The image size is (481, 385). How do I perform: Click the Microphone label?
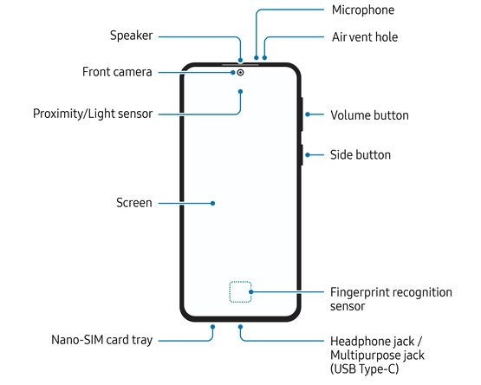point(363,10)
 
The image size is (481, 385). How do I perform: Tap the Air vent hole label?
point(365,37)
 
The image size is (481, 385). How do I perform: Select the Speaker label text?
point(131,36)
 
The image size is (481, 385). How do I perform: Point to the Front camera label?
point(117,72)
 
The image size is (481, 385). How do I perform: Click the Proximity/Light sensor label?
point(93,114)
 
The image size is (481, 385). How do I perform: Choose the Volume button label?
point(370,115)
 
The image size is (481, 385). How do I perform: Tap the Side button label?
point(361,155)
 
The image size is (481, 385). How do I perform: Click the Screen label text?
point(134,203)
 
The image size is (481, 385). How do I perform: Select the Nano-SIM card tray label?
point(102,340)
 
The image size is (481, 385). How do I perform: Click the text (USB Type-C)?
point(364,369)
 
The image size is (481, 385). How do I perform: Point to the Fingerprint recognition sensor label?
point(391,299)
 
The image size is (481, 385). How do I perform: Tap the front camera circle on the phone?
point(241,73)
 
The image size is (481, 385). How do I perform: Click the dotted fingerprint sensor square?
point(240,291)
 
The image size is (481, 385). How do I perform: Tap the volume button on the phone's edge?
point(302,114)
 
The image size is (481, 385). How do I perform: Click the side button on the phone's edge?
point(302,155)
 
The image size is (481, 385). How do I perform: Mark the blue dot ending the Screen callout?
point(212,203)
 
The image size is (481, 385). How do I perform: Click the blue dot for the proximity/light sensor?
point(241,92)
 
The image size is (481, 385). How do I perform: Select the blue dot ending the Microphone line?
point(257,58)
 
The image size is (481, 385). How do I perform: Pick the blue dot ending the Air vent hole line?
point(264,58)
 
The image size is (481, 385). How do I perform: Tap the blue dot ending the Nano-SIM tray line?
point(212,327)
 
